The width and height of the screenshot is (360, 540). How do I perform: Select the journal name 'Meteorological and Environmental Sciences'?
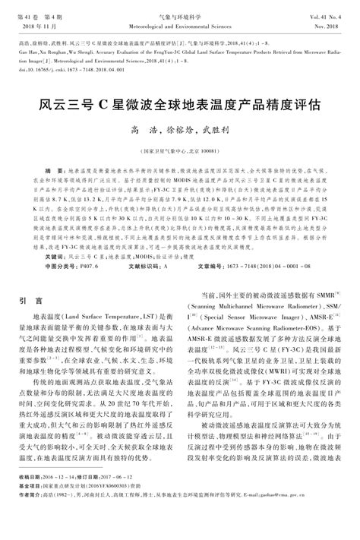coord(180,24)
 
